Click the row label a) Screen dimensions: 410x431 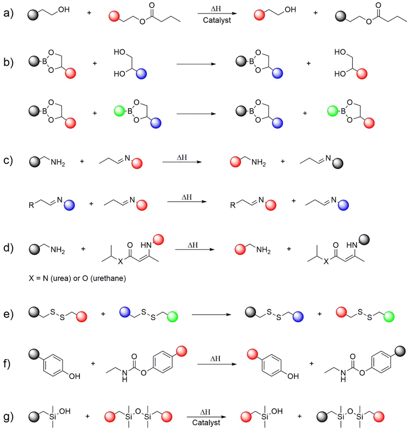click(x=8, y=13)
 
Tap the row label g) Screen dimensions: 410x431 click(x=8, y=417)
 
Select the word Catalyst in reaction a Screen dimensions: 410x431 click(x=217, y=21)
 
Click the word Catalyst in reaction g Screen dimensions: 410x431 click(x=206, y=423)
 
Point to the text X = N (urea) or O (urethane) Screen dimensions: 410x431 click(x=77, y=279)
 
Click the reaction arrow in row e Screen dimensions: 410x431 click(x=211, y=314)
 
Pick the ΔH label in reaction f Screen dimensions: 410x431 click(x=216, y=359)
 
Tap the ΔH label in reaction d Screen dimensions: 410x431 click(x=193, y=245)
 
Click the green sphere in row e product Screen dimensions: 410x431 click(x=389, y=317)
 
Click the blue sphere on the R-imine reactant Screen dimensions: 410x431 click(x=69, y=205)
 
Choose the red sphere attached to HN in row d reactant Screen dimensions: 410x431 click(x=158, y=240)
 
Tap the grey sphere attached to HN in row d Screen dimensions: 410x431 click(x=365, y=240)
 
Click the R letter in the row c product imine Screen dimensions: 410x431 click(x=233, y=205)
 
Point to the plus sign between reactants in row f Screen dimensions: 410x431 click(x=93, y=363)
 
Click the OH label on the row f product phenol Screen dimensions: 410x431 click(x=293, y=376)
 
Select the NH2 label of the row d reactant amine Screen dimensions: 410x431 click(x=58, y=250)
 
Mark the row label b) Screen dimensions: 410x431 click(x=8, y=63)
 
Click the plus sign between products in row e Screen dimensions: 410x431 click(x=320, y=314)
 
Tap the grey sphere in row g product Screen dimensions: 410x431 click(x=322, y=417)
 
